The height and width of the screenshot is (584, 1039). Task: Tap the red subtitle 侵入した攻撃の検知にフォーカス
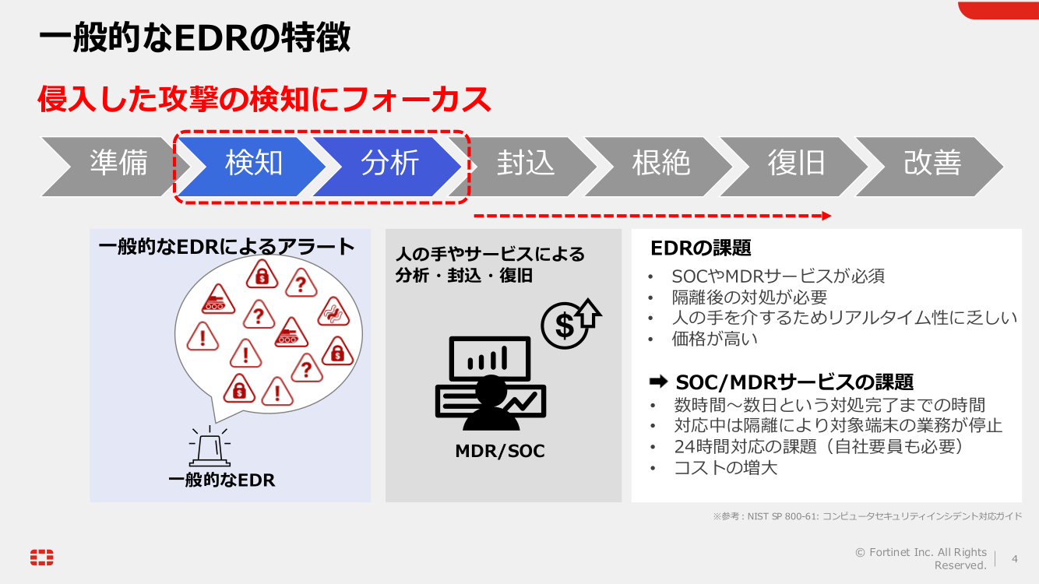(x=265, y=100)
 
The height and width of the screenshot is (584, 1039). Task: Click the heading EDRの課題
(x=701, y=248)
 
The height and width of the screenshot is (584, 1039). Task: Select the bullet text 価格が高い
(x=714, y=339)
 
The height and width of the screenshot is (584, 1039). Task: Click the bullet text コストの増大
(x=725, y=468)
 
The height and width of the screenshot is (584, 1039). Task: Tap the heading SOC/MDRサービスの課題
(x=794, y=382)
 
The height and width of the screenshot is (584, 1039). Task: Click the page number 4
(x=1014, y=558)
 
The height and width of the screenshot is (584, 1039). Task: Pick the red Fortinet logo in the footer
(x=42, y=557)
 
